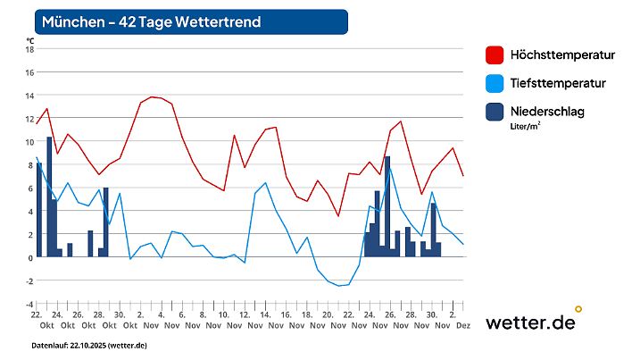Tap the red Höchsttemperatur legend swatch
pos(494,55)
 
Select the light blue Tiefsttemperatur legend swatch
pos(494,83)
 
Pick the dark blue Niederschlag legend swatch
pos(494,112)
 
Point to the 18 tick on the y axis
pos(29,49)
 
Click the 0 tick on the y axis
pos(30,257)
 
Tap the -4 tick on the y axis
pos(29,304)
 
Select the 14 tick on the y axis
pos(29,96)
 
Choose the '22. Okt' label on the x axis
pos(37,321)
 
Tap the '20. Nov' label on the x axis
pos(328,321)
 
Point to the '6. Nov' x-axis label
pos(181,321)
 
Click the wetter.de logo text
pos(530,322)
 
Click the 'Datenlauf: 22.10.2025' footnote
pos(89,345)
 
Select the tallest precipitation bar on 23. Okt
pos(49,197)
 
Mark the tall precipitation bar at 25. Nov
pos(386,206)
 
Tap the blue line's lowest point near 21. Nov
pos(338,286)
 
